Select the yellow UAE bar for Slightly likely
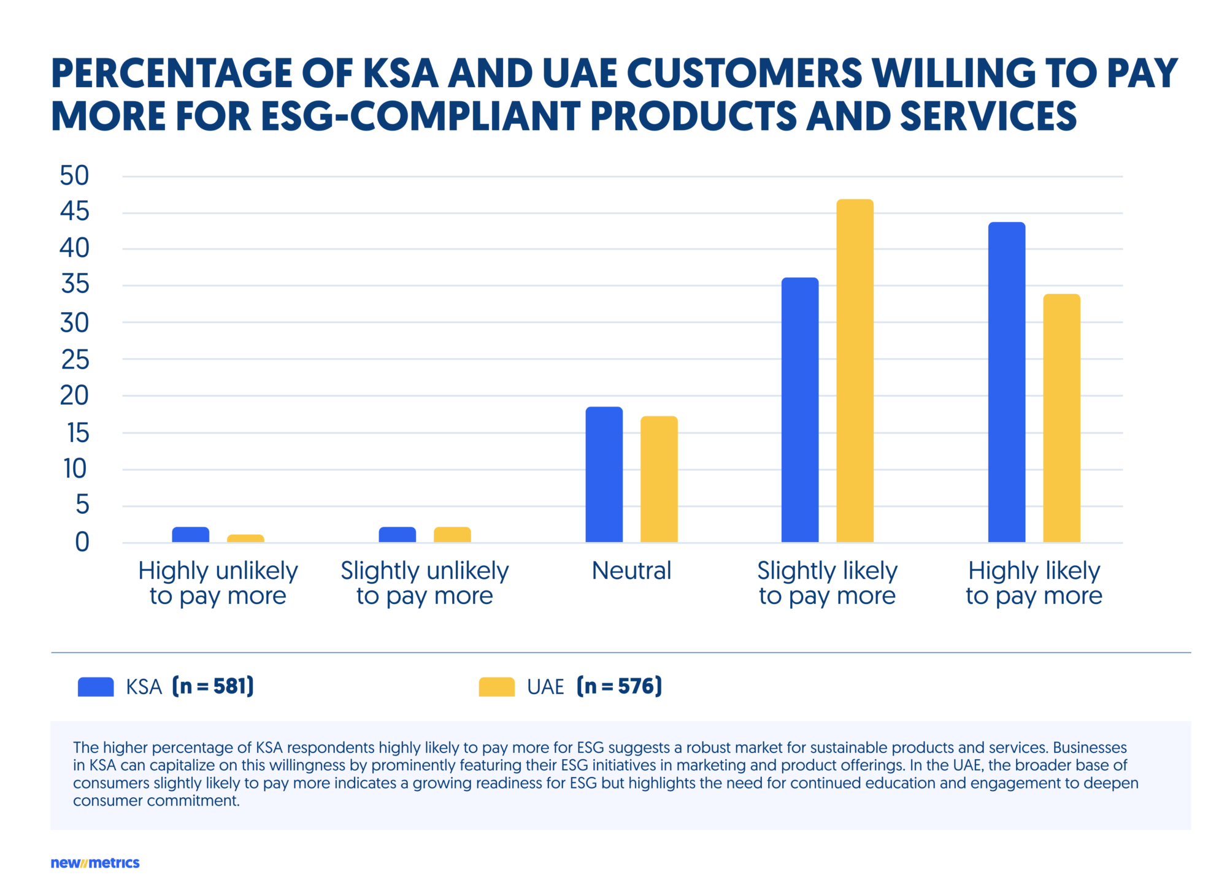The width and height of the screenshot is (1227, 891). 855,371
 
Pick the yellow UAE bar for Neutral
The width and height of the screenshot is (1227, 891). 659,479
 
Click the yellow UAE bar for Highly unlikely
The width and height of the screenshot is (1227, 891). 245,538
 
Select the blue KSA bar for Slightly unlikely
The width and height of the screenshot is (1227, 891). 397,535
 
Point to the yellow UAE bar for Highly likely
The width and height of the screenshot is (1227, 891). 1061,418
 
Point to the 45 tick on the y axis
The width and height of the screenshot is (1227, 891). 74,212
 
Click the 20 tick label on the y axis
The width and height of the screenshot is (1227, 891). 74,396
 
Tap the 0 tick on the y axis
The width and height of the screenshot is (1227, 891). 82,543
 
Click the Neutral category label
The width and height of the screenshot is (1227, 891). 631,571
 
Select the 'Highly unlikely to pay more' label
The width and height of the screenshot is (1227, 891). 218,583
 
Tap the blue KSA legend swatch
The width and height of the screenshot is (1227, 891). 96,687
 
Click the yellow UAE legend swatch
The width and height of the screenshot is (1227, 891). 496,687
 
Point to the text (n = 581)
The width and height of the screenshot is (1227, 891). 213,686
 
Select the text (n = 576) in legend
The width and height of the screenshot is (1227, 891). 619,686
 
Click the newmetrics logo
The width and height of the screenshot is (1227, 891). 95,863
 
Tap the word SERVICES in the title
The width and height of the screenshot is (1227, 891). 988,117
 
